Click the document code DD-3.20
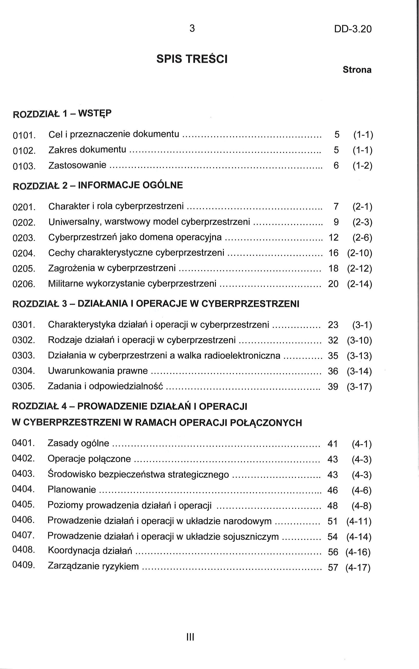(352, 29)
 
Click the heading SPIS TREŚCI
(192, 59)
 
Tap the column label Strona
(357, 70)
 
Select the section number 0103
(24, 166)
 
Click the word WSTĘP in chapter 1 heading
(94, 113)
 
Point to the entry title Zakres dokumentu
(87, 150)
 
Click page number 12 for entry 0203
(333, 238)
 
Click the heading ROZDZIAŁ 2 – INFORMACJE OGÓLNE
(98, 185)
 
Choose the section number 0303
(24, 356)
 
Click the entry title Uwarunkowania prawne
(98, 371)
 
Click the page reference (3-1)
(362, 325)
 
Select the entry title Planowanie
(72, 490)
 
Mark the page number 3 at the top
(192, 29)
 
